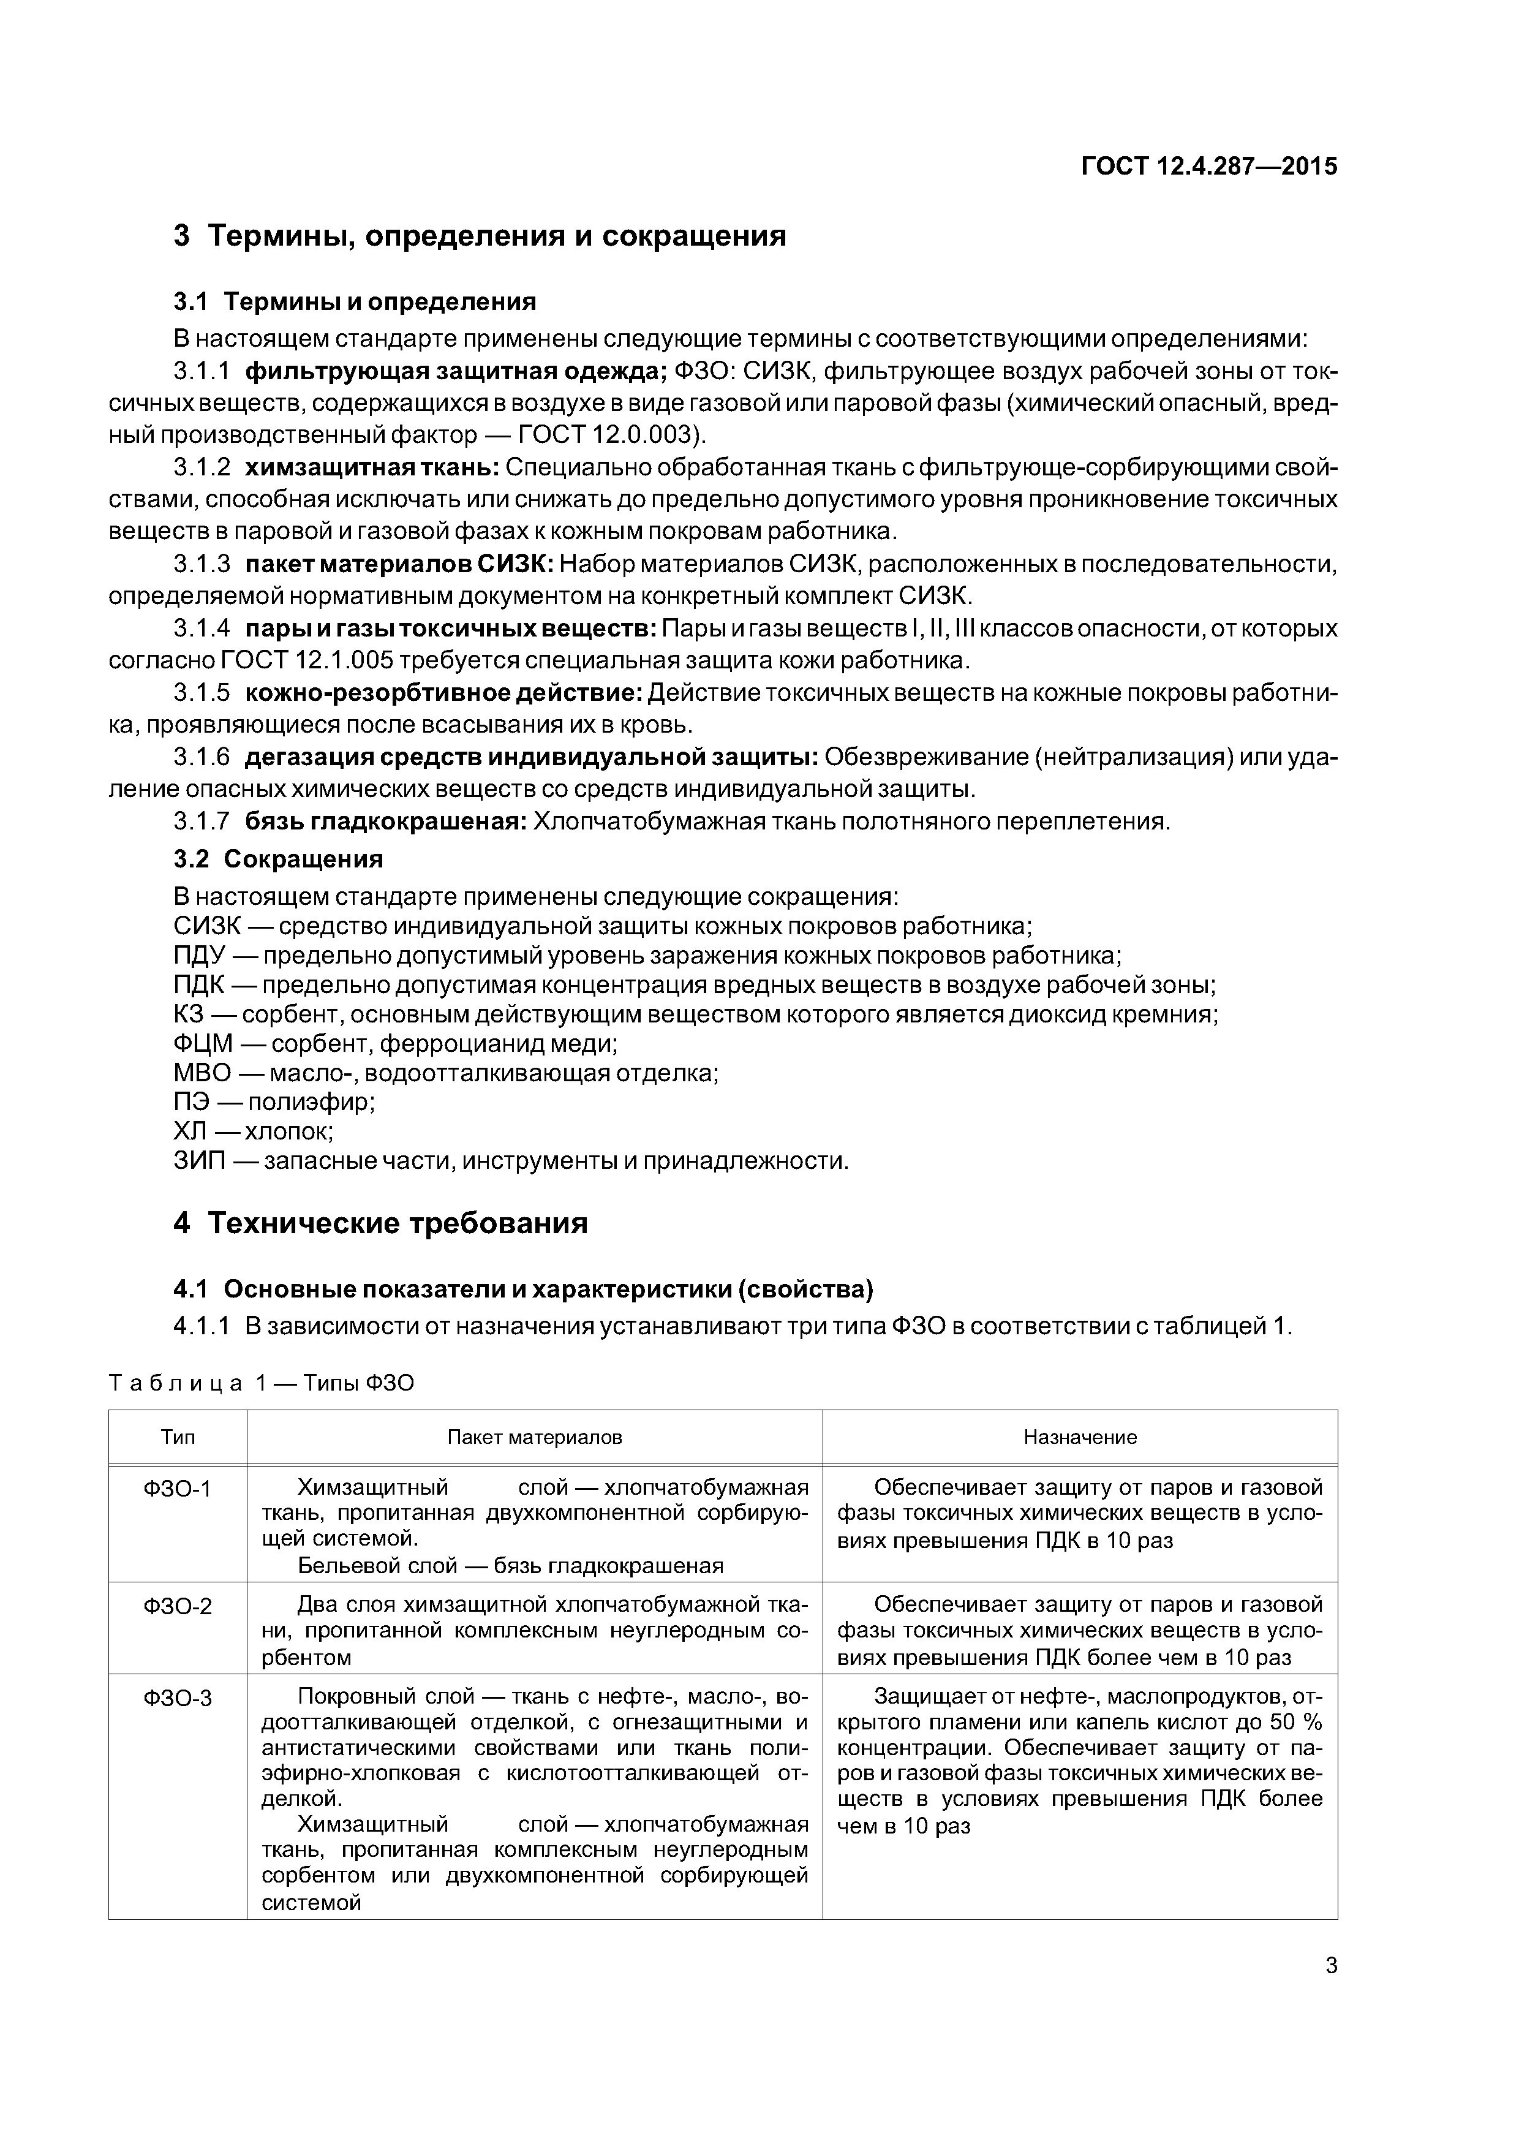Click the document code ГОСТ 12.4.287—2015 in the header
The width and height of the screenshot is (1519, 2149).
click(x=1209, y=167)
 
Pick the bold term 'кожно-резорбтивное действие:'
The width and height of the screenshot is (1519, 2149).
click(x=443, y=693)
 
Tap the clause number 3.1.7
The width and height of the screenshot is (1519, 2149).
click(x=202, y=821)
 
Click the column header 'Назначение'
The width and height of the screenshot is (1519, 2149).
click(x=1079, y=1437)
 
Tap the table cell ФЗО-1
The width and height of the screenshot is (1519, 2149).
click(x=177, y=1488)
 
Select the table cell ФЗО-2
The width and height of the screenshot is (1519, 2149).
click(x=177, y=1607)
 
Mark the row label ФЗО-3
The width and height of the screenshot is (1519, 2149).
click(x=177, y=1698)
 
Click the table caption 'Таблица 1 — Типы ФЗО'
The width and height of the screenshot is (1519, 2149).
click(x=261, y=1383)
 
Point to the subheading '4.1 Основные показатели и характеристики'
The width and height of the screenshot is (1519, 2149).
click(x=523, y=1290)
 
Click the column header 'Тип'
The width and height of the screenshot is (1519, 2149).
click(x=177, y=1437)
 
